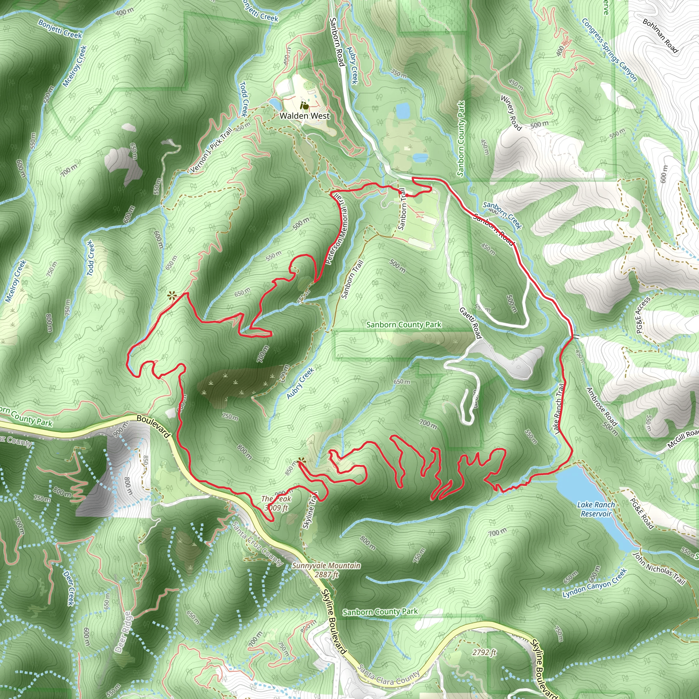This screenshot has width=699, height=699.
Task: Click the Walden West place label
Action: pyautogui.click(x=305, y=116)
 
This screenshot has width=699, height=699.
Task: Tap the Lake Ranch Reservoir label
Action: pyautogui.click(x=596, y=509)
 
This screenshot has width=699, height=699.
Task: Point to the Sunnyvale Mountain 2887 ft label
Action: pyautogui.click(x=326, y=570)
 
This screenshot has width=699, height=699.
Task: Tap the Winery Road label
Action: pyautogui.click(x=511, y=113)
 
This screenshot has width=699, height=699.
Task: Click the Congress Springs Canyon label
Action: pyautogui.click(x=609, y=49)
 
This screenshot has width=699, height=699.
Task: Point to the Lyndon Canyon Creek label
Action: pyautogui.click(x=594, y=583)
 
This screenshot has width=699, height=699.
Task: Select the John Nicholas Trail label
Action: pyautogui.click(x=659, y=568)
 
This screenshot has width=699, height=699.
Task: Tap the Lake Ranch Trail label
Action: pyautogui.click(x=559, y=409)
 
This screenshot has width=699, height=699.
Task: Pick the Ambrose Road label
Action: pyautogui.click(x=602, y=406)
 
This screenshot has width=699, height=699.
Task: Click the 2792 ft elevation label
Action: pyautogui.click(x=484, y=652)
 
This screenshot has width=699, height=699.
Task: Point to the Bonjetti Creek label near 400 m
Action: pyautogui.click(x=60, y=29)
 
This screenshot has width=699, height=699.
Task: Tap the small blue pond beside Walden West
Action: pyautogui.click(x=276, y=104)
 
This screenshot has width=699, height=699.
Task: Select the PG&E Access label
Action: pyautogui.click(x=643, y=315)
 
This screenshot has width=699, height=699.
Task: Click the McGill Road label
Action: pyautogui.click(x=683, y=438)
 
